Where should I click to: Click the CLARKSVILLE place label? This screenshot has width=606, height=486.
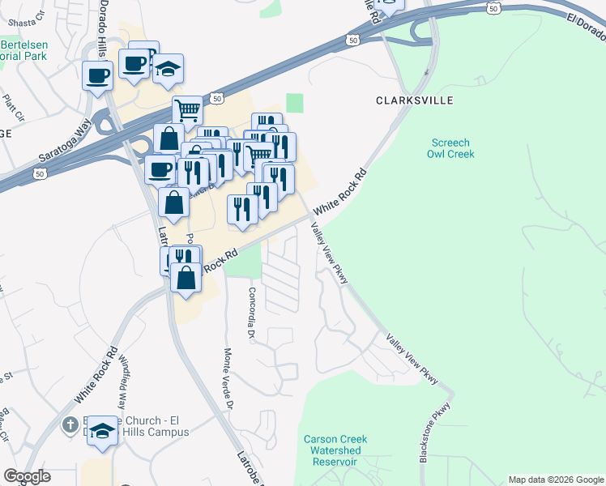414,100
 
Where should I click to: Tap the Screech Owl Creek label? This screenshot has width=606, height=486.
451,147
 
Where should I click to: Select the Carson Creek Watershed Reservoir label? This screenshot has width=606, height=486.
335,450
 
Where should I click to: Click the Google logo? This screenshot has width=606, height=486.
28,476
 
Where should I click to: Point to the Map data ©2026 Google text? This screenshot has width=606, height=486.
556,480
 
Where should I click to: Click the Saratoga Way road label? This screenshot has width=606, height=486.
65,141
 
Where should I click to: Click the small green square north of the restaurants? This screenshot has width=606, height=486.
294,103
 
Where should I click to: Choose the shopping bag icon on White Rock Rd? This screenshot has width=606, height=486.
186,278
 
